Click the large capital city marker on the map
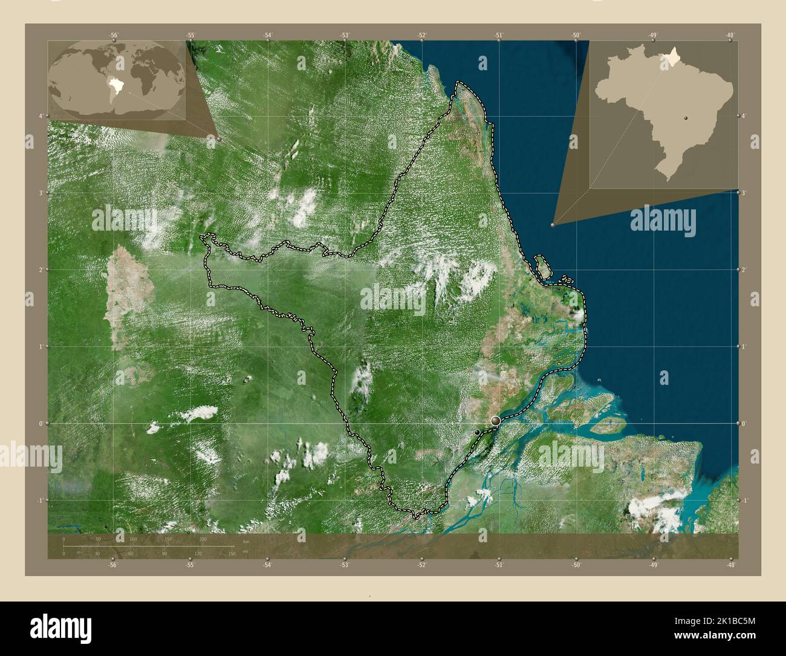(x=496, y=421)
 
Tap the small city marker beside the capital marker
(x=478, y=432)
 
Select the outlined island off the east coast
(x=542, y=267)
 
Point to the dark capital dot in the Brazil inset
(x=686, y=118)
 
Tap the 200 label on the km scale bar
(x=203, y=539)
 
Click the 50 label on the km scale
(x=98, y=539)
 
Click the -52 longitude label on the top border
(x=421, y=35)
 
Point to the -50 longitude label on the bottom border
(x=576, y=565)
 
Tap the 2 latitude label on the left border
(x=40, y=269)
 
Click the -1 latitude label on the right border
(x=745, y=500)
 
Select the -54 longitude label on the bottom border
(x=267, y=565)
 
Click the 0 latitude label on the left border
(x=40, y=424)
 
